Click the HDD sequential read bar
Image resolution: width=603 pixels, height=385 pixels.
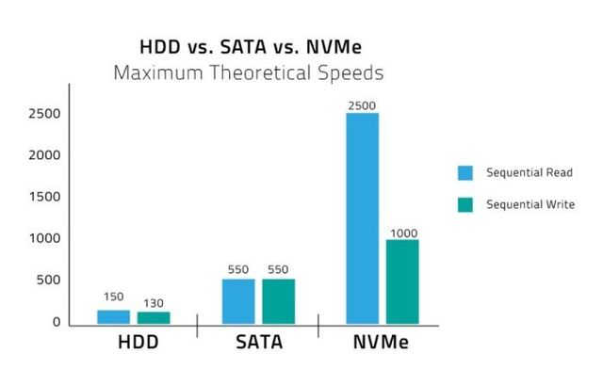tap(113, 317)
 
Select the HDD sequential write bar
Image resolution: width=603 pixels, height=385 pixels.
tap(155, 318)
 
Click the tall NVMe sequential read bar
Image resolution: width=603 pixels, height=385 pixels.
tap(362, 218)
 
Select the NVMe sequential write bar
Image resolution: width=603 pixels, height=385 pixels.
tap(402, 281)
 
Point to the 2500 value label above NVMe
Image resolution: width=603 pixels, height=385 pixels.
tap(362, 104)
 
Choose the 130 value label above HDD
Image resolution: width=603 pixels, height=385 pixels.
tap(154, 304)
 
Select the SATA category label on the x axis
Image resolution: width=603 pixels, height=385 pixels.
tap(257, 344)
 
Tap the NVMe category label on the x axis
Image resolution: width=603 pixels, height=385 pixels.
tap(382, 344)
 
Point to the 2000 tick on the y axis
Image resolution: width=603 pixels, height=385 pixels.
tap(44, 155)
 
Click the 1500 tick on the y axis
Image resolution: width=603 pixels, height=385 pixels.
tap(44, 197)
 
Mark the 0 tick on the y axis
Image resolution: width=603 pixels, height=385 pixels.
tap(57, 322)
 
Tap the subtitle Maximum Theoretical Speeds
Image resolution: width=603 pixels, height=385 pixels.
tap(249, 72)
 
